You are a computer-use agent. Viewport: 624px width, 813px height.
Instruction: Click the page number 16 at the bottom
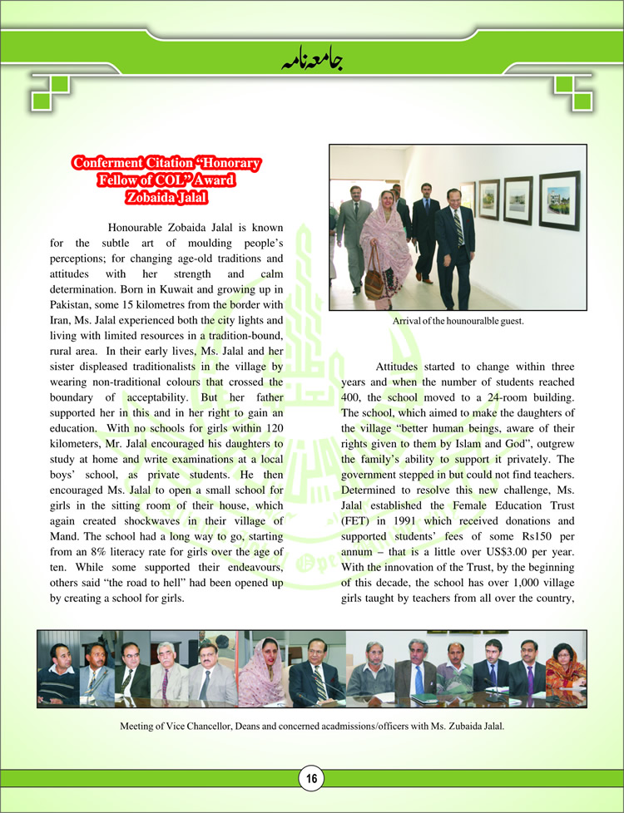pos(311,779)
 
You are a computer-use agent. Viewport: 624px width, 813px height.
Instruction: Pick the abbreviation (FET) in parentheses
pos(356,507)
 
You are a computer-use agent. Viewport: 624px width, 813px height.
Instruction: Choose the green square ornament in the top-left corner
pos(48,93)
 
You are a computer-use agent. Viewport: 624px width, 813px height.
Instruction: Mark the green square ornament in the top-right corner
pos(575,93)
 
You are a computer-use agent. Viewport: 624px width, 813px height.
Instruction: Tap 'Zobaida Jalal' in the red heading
pos(166,197)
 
